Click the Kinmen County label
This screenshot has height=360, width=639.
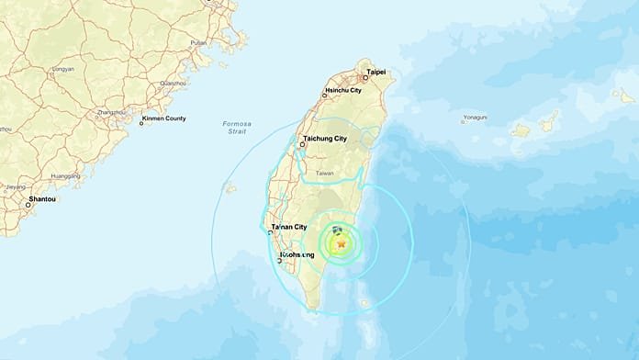click(165, 120)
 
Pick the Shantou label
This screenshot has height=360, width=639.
click(43, 199)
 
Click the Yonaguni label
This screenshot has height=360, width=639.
click(476, 118)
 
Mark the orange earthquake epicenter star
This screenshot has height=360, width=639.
click(342, 244)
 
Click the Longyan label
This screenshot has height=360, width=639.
click(63, 67)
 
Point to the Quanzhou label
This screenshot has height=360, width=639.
click(173, 84)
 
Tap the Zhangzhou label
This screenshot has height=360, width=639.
click(110, 112)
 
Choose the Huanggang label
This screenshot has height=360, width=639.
click(65, 175)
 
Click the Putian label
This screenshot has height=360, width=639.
click(198, 42)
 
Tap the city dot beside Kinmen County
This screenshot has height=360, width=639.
click(141, 120)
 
